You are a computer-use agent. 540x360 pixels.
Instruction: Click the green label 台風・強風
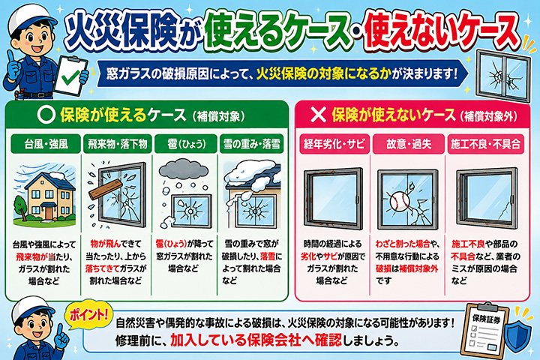tap(46, 144)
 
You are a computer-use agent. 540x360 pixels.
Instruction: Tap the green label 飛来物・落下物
tap(118, 144)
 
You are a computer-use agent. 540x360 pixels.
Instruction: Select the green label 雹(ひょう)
tap(186, 144)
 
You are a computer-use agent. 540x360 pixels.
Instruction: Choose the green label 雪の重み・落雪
tap(252, 144)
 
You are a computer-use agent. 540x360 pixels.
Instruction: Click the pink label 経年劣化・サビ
tap(334, 144)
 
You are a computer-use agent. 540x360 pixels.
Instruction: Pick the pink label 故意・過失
tap(409, 144)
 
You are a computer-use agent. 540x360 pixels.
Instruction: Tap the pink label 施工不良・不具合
tap(485, 144)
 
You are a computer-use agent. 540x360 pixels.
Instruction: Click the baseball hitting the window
tap(400, 202)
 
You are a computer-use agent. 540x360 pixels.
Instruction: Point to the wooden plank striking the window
tap(106, 190)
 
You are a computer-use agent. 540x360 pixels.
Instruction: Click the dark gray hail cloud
tap(184, 169)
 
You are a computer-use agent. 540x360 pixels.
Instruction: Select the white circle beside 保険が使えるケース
tap(46, 115)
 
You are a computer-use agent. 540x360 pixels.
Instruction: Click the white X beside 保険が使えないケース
tap(318, 115)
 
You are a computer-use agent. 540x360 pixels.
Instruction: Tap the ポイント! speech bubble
tap(89, 315)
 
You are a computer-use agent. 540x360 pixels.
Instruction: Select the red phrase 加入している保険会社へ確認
tap(256, 340)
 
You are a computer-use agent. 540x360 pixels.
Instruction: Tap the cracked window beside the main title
tap(502, 76)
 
